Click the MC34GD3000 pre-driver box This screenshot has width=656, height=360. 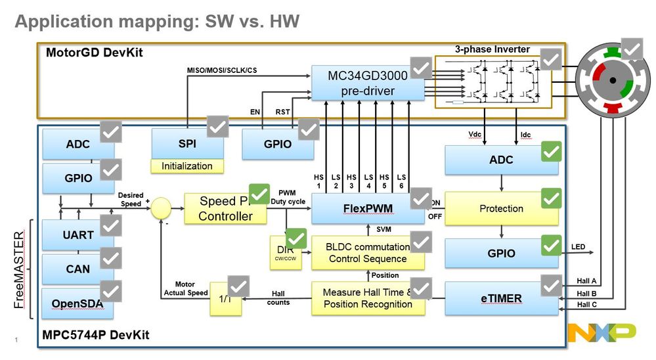pyautogui.click(x=361, y=83)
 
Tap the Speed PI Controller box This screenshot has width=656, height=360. pyautogui.click(x=225, y=209)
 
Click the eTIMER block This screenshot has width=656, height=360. pyautogui.click(x=502, y=298)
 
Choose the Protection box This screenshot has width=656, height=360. pyautogui.click(x=502, y=208)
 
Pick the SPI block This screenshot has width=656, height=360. pyautogui.click(x=187, y=143)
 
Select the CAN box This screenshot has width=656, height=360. pyautogui.click(x=77, y=269)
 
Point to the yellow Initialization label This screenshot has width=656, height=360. pyautogui.click(x=187, y=166)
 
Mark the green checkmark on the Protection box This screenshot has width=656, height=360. pyautogui.click(x=551, y=198)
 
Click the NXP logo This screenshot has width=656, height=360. pyautogui.click(x=601, y=333)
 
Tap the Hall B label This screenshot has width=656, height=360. pyautogui.click(x=587, y=294)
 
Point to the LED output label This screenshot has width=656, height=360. pyautogui.click(x=578, y=247)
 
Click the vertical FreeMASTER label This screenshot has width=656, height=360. pyautogui.click(x=18, y=270)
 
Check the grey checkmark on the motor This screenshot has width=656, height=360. pyautogui.click(x=633, y=49)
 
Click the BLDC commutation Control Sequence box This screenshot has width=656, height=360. pyautogui.click(x=368, y=252)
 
